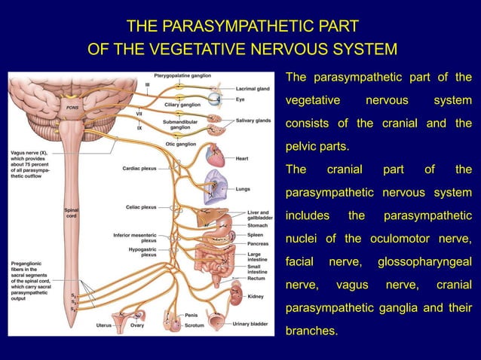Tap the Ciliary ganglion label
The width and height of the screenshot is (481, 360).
(x=183, y=105)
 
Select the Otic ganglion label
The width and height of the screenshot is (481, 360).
(x=180, y=145)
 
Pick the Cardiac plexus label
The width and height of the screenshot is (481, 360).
(x=139, y=169)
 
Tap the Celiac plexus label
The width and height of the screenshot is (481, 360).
(x=141, y=206)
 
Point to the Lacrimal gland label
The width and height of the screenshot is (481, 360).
(x=253, y=89)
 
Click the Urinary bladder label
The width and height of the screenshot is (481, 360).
(x=250, y=325)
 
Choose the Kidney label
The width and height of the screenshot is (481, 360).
(x=255, y=297)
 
